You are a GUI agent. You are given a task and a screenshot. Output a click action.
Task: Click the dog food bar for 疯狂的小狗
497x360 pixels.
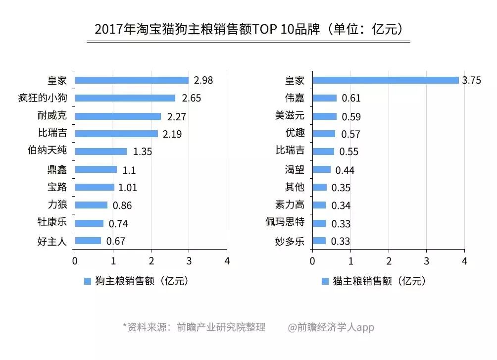click(x=125, y=98)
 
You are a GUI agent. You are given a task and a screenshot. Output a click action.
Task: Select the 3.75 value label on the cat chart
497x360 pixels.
click(x=471, y=81)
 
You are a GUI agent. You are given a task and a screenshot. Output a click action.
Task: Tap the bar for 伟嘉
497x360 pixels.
click(x=324, y=98)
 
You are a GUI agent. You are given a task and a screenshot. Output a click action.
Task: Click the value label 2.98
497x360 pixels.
click(x=203, y=80)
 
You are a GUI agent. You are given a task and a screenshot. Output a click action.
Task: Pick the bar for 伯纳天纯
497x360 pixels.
click(x=100, y=152)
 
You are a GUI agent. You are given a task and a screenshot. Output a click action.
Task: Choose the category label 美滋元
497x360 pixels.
click(x=290, y=116)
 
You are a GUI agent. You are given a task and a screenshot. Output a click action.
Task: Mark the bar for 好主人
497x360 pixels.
click(x=88, y=241)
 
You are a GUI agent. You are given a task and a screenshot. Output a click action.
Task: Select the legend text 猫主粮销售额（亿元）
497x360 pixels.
click(x=379, y=281)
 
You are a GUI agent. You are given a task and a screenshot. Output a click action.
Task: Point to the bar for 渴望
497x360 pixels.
click(x=321, y=170)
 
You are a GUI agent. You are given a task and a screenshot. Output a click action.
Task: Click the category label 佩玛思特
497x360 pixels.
click(x=285, y=223)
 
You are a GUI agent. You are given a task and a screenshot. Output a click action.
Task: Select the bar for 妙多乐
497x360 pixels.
click(x=319, y=241)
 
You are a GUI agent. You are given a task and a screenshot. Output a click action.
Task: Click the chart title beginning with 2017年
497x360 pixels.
click(x=248, y=29)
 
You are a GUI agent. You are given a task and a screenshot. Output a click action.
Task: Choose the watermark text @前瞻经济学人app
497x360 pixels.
click(x=331, y=327)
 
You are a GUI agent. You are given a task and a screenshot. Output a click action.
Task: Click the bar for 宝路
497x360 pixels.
click(x=94, y=188)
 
